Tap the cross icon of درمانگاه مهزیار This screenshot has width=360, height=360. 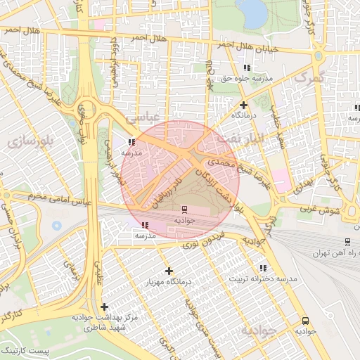point(169,271)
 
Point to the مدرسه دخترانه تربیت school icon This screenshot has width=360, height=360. point(263,268)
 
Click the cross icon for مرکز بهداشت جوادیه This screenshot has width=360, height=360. point(104,307)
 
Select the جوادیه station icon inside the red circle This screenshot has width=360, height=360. point(184,209)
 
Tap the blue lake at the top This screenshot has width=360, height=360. point(252,13)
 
